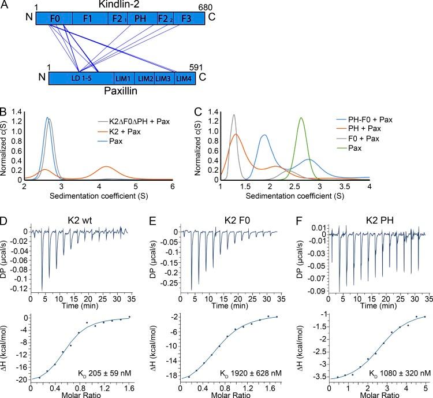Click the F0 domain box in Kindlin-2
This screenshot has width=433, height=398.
(x=54, y=18)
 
